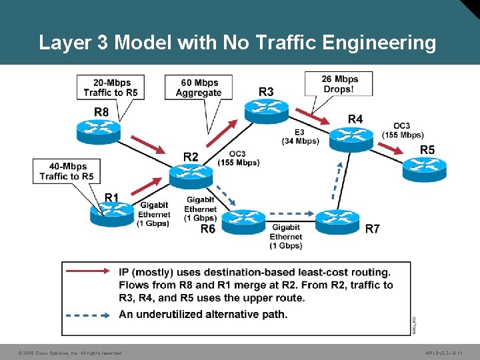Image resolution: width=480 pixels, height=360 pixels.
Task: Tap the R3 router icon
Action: point(267,110)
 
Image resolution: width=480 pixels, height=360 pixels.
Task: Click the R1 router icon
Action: point(112,213)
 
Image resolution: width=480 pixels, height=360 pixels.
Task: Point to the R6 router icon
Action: point(243,221)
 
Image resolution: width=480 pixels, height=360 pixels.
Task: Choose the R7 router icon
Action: point(338,221)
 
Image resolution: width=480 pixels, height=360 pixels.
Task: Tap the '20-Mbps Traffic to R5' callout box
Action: point(111,88)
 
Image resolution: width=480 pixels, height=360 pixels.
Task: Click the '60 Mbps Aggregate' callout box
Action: point(199,87)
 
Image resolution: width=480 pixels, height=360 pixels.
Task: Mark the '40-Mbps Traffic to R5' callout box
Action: point(67,171)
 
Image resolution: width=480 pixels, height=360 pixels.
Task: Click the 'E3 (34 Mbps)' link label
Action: point(300,137)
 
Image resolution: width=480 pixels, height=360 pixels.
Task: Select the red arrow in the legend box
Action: point(88,271)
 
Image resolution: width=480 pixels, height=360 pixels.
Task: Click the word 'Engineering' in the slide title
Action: point(380,43)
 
